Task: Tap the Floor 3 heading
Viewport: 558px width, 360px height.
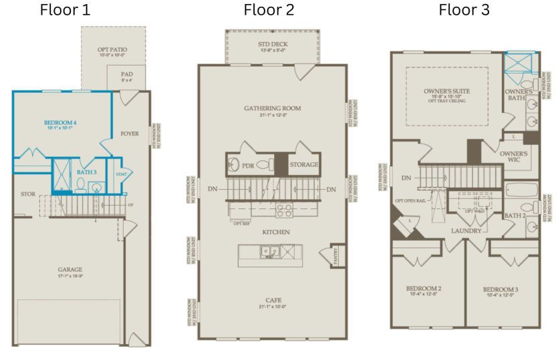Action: tap(463, 10)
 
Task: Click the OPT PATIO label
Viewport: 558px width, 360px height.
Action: tap(113, 49)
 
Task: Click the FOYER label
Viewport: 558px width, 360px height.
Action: tap(130, 134)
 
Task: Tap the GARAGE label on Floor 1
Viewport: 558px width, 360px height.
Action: tap(69, 269)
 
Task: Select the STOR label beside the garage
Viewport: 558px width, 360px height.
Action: tap(28, 194)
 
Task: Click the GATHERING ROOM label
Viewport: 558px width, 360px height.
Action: tap(272, 108)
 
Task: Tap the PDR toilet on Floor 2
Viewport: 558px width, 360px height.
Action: tap(263, 164)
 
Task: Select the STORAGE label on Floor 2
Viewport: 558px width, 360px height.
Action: tap(303, 164)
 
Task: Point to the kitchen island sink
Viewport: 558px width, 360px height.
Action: tap(270, 252)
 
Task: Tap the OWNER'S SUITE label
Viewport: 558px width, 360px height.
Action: tap(446, 91)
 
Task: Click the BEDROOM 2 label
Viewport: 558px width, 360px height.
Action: tap(424, 289)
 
